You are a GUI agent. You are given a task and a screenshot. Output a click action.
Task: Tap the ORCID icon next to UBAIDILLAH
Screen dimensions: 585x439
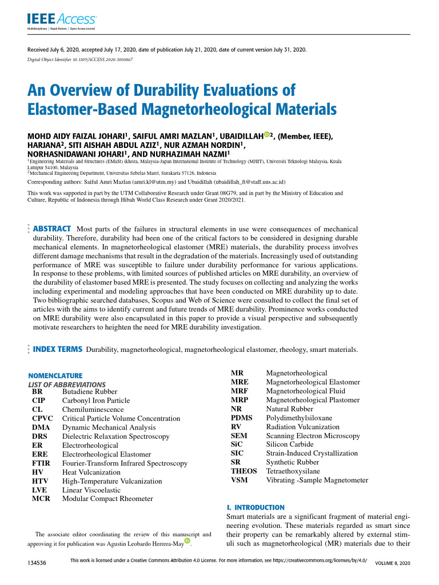pyautogui.click(x=266, y=134)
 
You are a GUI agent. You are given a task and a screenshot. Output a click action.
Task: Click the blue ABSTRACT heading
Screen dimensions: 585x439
pyautogui.click(x=52, y=229)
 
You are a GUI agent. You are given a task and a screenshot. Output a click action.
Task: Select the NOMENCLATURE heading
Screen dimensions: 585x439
pyautogui.click(x=55, y=375)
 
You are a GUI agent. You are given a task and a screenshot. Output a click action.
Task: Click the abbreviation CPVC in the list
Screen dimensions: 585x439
pyautogui.click(x=42, y=419)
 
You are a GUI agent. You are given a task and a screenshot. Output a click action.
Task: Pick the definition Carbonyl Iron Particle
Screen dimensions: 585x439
pyautogui.click(x=96, y=401)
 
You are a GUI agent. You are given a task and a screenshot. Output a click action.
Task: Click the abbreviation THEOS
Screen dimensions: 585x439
pyautogui.click(x=244, y=471)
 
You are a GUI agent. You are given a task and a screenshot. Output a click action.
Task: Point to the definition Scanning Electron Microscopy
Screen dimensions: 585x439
pyautogui.click(x=313, y=436)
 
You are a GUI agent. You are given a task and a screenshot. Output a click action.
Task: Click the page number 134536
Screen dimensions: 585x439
pyautogui.click(x=37, y=563)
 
